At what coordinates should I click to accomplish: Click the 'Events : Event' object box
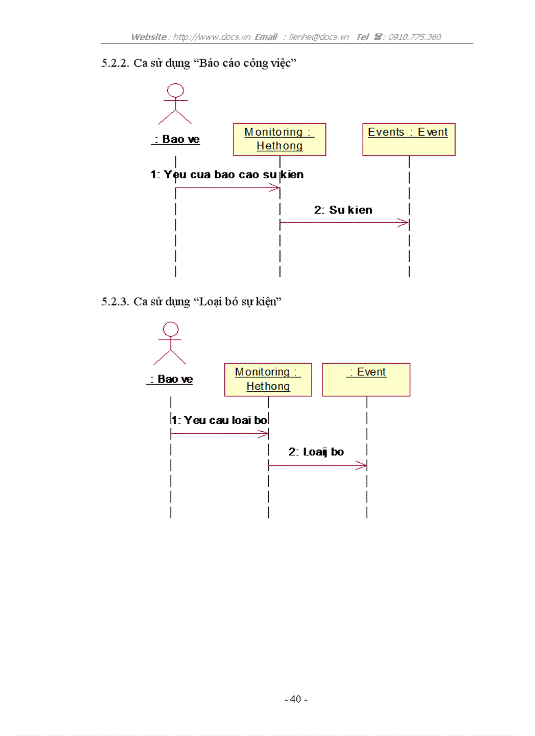408,139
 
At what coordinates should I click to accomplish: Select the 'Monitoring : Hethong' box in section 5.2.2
279,139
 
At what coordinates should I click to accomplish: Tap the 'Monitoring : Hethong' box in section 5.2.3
268,379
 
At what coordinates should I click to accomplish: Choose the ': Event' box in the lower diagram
366,379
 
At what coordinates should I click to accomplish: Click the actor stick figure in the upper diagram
174,104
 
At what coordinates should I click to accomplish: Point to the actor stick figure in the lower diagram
170,343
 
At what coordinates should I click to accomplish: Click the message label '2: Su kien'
343,210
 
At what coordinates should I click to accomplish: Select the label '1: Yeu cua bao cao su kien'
227,175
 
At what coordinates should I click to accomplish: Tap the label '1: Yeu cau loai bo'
220,420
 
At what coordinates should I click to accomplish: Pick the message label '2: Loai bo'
316,452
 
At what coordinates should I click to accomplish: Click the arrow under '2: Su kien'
344,223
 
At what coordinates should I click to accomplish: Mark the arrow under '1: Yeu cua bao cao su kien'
228,188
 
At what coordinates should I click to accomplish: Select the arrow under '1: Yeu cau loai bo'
220,433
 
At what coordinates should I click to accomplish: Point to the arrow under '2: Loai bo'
317,465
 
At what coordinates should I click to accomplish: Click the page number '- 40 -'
296,699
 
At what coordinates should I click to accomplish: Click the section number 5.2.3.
115,301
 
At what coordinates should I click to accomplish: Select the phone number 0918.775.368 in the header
414,37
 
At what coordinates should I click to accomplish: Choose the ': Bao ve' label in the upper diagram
176,139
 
